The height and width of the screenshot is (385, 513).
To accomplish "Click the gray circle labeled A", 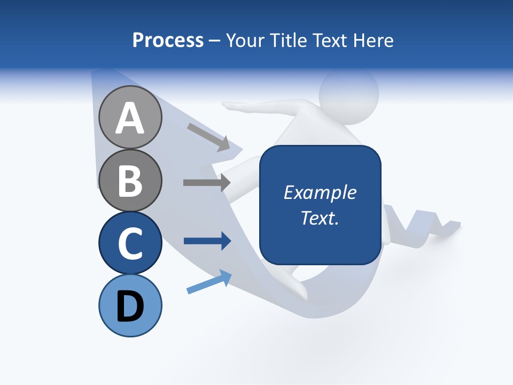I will (130, 117).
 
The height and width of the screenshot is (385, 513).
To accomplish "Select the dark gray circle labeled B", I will (130, 180).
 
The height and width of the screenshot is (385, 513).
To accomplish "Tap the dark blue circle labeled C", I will (130, 243).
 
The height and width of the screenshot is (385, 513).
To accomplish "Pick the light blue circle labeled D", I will (130, 305).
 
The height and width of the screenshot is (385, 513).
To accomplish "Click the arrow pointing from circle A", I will (208, 137).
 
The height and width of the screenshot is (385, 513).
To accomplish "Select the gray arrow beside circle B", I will (207, 182).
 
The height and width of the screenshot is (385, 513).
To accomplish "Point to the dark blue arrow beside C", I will (207, 241).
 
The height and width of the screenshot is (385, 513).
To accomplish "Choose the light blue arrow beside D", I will (209, 282).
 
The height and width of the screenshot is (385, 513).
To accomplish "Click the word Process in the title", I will (168, 40).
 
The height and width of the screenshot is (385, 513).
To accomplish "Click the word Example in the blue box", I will (320, 192).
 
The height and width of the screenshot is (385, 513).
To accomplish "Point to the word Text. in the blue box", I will (320, 218).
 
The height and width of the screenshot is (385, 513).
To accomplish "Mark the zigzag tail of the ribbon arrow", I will (428, 225).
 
